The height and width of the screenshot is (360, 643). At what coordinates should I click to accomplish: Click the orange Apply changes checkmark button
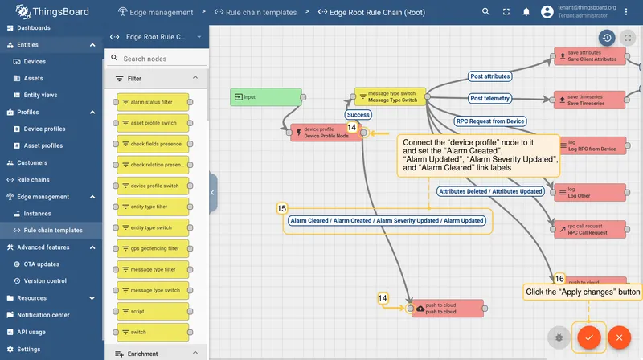[589, 337]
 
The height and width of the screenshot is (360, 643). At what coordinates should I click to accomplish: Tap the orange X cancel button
[619, 337]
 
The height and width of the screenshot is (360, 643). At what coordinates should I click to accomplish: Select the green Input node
[266, 97]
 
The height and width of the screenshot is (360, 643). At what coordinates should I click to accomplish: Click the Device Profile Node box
[326, 133]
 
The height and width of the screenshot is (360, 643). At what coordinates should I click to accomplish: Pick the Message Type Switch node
[390, 96]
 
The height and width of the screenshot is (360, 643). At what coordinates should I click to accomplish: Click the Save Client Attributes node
[590, 55]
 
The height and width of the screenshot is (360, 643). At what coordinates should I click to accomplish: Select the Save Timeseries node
[589, 100]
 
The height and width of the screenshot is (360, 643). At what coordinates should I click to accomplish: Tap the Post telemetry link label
[489, 98]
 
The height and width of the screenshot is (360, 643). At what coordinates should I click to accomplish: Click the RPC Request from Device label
[490, 121]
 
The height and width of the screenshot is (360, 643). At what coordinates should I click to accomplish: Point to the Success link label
[358, 115]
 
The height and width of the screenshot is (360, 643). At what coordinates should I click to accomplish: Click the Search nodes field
[157, 59]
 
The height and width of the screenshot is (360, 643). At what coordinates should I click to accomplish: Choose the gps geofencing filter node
[153, 248]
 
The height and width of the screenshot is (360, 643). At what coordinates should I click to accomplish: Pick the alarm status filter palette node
[153, 102]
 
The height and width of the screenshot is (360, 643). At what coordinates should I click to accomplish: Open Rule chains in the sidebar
[33, 179]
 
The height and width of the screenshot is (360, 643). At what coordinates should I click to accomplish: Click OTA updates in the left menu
[42, 264]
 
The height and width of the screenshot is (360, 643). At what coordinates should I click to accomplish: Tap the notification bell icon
[526, 12]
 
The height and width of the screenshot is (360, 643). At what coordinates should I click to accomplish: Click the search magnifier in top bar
[486, 12]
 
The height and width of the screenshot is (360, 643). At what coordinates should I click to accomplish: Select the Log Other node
[591, 192]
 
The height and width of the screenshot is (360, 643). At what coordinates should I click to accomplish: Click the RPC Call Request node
[591, 229]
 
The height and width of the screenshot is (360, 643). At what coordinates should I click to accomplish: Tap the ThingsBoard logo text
[60, 12]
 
